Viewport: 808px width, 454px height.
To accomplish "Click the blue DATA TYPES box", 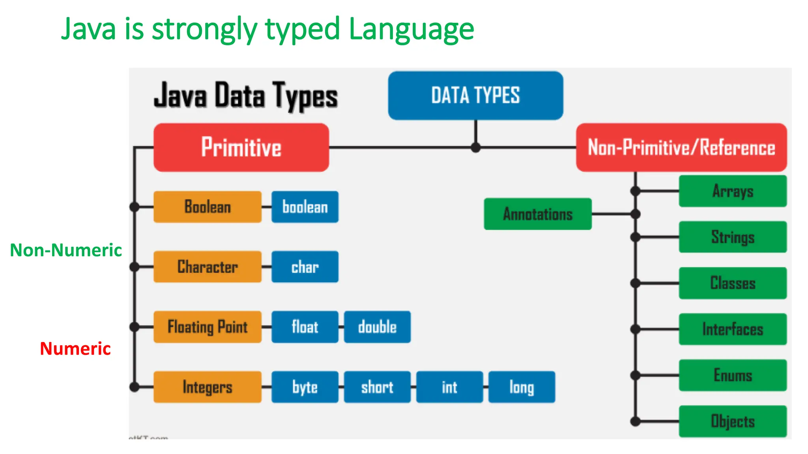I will coord(475,95).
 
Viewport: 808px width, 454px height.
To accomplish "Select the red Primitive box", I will coord(241,147).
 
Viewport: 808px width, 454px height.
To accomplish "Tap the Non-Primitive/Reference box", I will coord(681,147).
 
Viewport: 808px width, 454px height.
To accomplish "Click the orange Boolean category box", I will coord(208,207).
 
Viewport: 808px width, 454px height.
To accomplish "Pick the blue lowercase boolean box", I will coord(305,207).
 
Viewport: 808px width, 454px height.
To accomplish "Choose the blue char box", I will coord(305,267).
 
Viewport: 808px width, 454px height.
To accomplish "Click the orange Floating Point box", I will coord(208,327).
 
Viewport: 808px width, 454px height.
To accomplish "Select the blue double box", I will coord(377,327).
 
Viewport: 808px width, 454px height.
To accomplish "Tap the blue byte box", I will coord(305,387).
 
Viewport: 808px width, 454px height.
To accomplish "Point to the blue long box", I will coord(522,387).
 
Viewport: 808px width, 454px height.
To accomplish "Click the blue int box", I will coord(449,387).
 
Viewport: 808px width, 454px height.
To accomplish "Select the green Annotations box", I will coord(538,214).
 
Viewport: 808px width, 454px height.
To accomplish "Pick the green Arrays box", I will coord(733,191).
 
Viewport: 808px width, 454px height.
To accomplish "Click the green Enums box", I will coord(733,375).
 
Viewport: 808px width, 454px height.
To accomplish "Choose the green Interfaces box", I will coord(733,329).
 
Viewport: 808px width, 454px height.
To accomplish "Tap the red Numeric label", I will coord(75,349).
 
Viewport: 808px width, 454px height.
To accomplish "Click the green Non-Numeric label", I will coord(66,250).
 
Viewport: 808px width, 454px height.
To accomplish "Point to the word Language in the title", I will coord(411,30).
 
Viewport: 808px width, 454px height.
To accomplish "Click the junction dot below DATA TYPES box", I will coord(476,148).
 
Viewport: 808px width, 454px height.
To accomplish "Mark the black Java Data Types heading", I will coord(246,96).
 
